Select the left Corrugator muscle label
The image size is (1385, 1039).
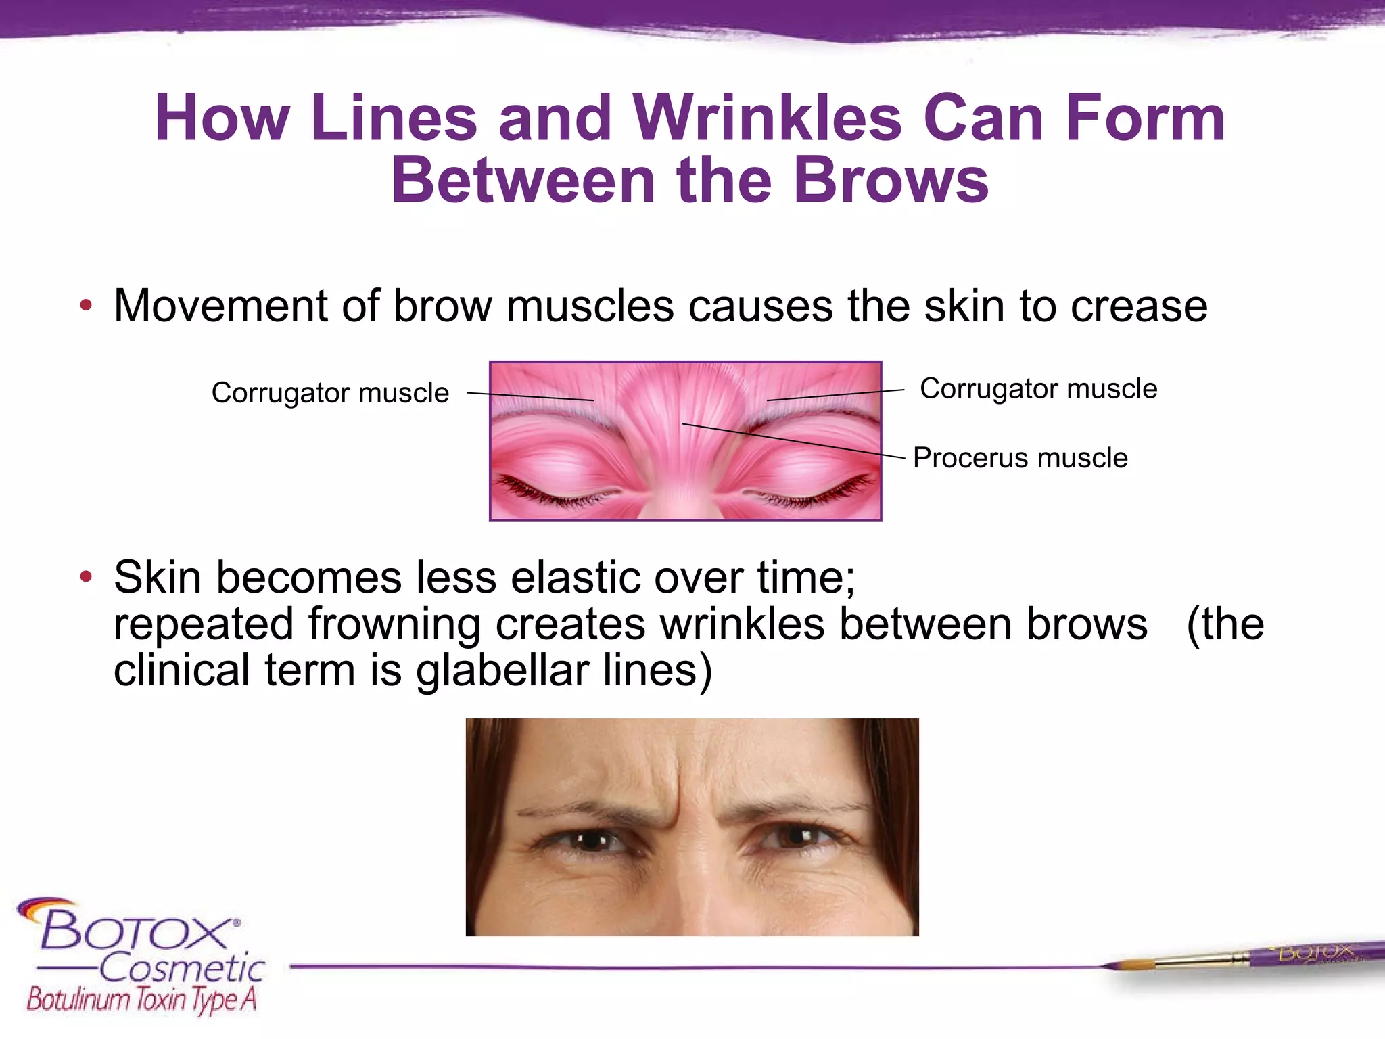click(330, 393)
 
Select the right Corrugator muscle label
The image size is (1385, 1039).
click(1038, 389)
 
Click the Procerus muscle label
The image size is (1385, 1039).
click(1020, 458)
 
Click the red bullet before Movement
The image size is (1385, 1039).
click(85, 306)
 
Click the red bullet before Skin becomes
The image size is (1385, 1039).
click(85, 577)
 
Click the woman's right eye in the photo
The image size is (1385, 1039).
click(592, 841)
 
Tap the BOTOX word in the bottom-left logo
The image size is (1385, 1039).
click(135, 930)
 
